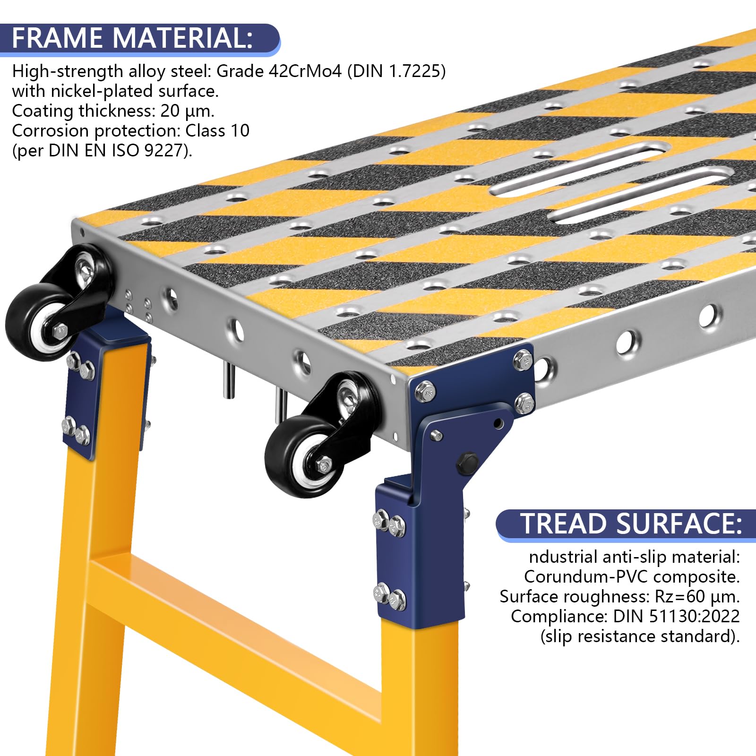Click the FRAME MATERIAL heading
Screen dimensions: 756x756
pos(132,38)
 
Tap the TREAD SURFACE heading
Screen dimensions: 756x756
pos(631,524)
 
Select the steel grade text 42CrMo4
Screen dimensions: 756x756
pos(305,71)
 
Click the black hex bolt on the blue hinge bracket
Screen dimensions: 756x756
pos(467,462)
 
